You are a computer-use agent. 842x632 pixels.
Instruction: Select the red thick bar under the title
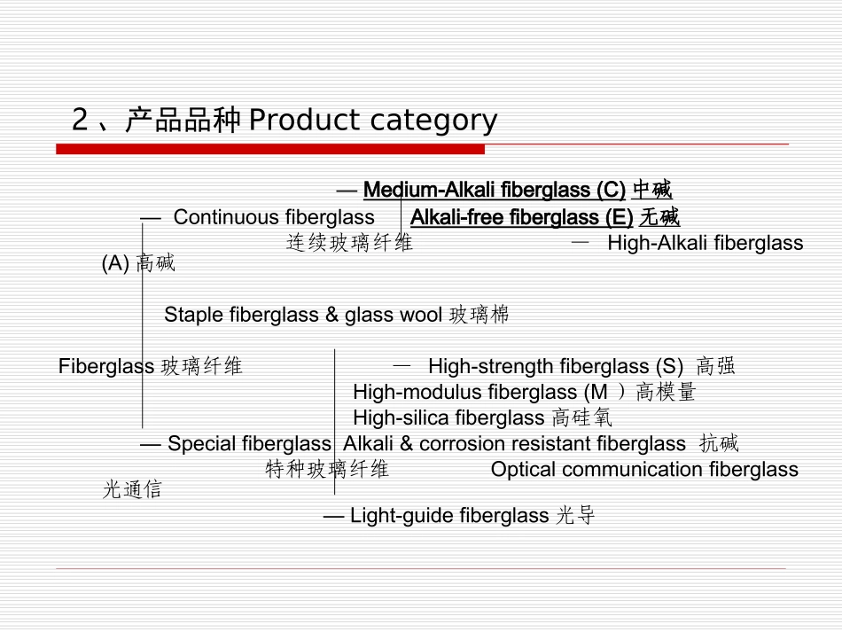point(270,149)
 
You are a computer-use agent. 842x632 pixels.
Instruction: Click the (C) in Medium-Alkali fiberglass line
point(611,190)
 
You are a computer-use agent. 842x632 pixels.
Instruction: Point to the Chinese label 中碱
point(652,190)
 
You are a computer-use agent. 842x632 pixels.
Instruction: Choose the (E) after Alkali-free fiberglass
point(619,217)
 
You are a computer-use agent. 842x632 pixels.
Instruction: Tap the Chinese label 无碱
point(659,217)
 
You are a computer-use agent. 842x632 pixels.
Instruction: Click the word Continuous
point(226,217)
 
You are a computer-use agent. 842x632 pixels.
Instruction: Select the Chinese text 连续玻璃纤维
point(349,243)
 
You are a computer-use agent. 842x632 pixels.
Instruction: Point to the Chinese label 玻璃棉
point(479,315)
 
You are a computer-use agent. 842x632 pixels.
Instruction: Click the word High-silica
point(393,417)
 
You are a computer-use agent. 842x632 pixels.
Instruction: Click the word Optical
point(523,470)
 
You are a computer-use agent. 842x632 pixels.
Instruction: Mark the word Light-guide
point(394,516)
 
